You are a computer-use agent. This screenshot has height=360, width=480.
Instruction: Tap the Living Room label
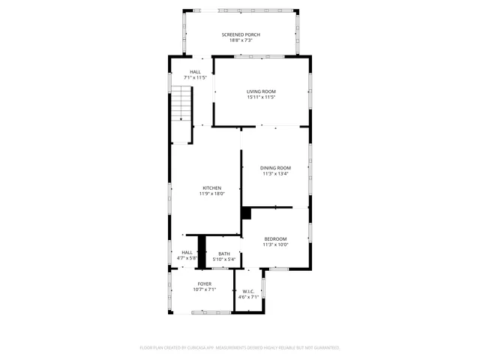[x=262, y=91]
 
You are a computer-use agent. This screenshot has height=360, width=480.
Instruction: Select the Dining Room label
[x=274, y=168]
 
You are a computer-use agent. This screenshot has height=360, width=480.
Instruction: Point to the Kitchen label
[x=211, y=187]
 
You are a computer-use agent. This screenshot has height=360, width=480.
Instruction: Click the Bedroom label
[x=275, y=238]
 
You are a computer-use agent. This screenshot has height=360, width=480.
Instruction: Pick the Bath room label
[x=223, y=253]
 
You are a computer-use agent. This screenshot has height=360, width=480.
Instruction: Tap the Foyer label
[x=204, y=283]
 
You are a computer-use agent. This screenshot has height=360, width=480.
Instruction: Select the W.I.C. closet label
[x=248, y=291]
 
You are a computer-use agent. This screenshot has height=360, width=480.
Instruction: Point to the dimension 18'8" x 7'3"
[x=240, y=41]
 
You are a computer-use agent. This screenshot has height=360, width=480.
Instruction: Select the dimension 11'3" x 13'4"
[x=274, y=174]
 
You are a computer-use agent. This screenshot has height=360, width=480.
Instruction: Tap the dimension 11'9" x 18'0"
[x=211, y=193]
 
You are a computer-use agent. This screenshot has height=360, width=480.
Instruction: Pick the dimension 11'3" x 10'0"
[x=275, y=244]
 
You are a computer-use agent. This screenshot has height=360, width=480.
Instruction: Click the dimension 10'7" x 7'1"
[x=204, y=289]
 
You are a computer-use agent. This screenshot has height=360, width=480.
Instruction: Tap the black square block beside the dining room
[x=245, y=213]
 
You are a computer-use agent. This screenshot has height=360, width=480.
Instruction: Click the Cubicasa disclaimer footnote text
[x=240, y=348]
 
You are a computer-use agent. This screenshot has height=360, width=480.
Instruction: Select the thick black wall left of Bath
[x=201, y=251]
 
